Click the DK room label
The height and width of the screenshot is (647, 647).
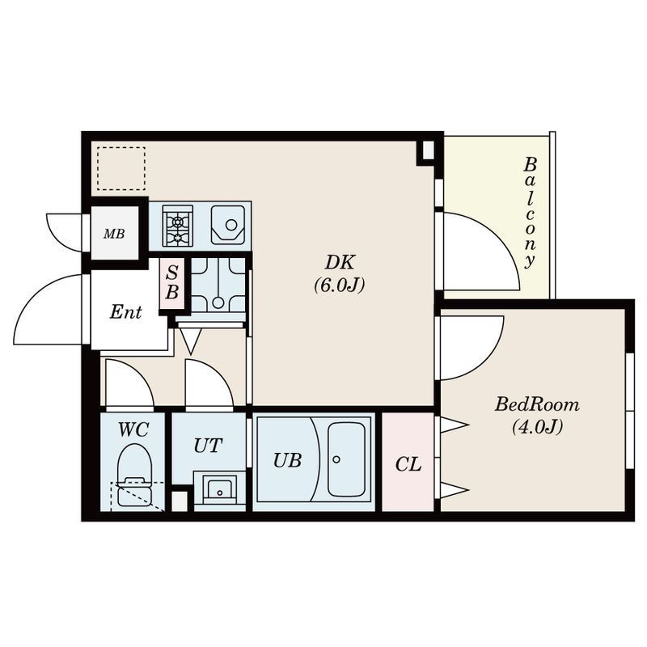point(340,262)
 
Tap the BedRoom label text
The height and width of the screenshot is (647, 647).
point(537,404)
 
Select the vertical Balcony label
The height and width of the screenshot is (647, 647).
point(530,213)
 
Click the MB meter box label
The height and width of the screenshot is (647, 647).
point(114,234)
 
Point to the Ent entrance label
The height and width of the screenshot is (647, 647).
point(126,312)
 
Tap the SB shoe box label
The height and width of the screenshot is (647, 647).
point(172,282)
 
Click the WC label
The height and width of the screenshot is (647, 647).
point(133,430)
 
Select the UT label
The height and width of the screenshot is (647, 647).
point(209,446)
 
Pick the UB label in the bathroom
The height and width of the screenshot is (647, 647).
point(288,460)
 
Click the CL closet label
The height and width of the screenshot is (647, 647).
point(408,464)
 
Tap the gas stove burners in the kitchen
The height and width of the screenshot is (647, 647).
point(178,226)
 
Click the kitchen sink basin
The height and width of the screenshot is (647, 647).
point(228,226)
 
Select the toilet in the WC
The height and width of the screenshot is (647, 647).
point(134,475)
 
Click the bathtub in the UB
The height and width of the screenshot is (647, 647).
point(346,459)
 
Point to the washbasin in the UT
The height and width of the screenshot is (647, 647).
point(219,490)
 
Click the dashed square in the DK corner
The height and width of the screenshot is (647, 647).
point(121,168)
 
